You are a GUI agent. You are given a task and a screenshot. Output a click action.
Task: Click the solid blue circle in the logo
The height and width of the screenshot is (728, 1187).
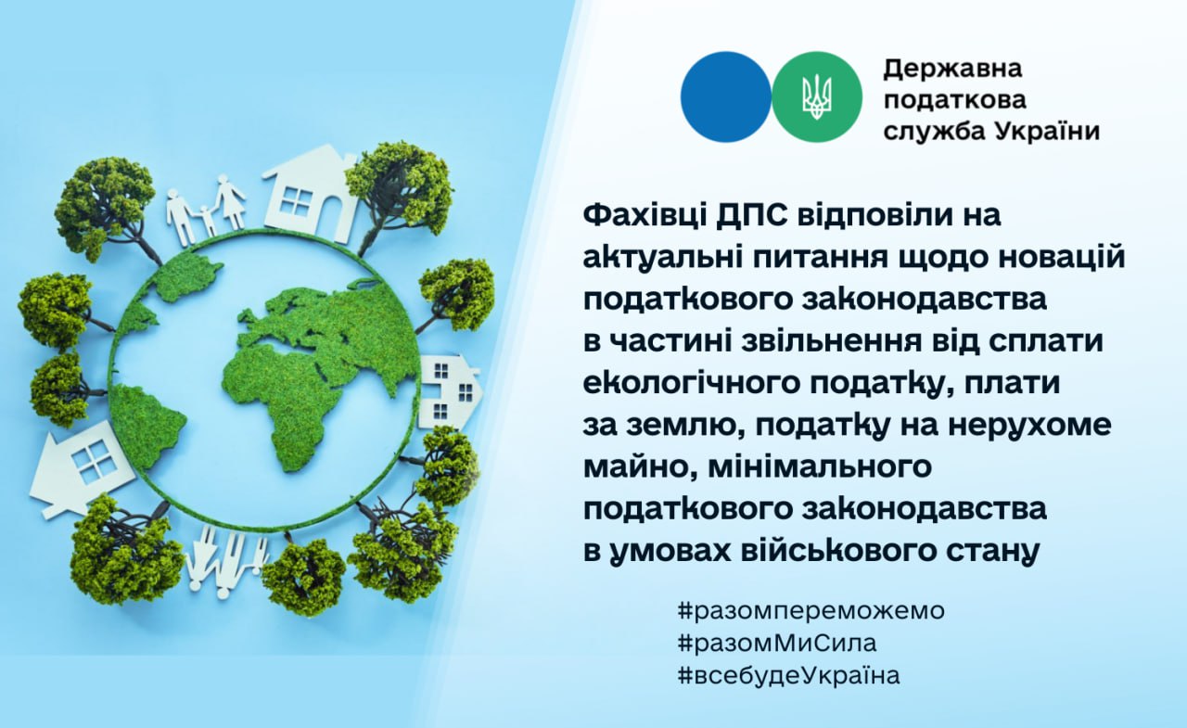(726, 97)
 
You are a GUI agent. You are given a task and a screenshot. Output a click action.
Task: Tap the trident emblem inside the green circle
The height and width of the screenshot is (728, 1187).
(817, 98)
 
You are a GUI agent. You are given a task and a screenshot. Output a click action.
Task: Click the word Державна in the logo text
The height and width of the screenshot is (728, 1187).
(952, 69)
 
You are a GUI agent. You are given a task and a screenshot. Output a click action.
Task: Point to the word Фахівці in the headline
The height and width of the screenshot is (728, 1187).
(644, 216)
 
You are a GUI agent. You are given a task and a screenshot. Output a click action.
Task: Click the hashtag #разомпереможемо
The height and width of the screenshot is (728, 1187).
(810, 611)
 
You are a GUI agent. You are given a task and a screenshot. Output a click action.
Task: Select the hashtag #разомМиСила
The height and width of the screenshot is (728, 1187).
(777, 644)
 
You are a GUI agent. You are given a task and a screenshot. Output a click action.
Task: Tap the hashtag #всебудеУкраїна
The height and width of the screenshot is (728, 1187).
(788, 675)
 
